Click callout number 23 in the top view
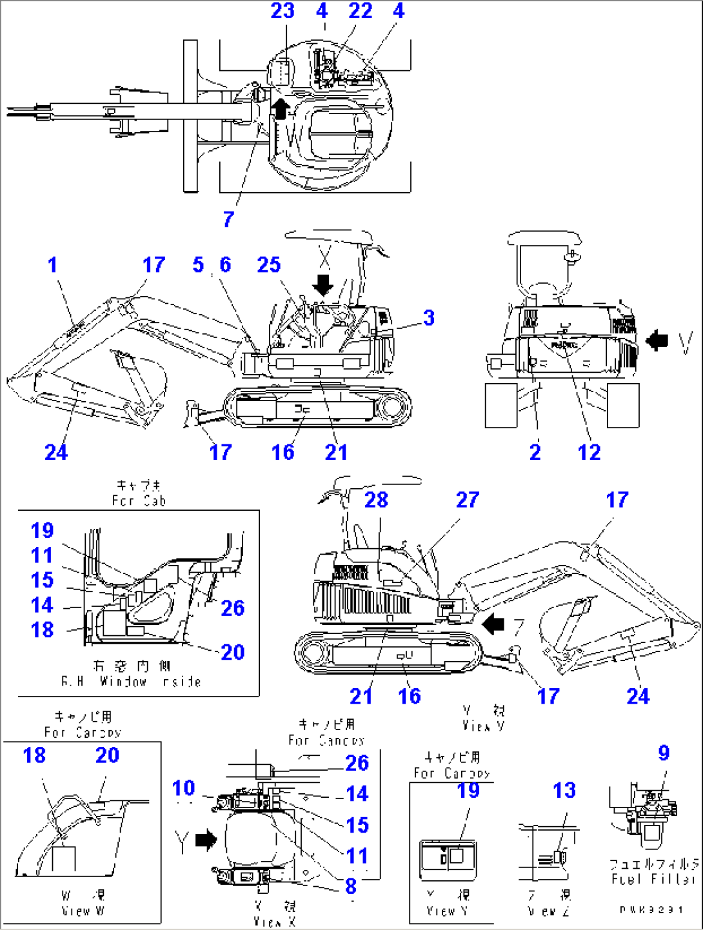282,11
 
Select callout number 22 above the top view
360,11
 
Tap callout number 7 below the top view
228,220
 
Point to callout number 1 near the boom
52,264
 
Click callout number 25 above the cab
269,264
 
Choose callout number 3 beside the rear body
429,318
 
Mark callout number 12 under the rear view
589,452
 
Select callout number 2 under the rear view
535,452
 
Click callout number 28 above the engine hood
376,500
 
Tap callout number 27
468,500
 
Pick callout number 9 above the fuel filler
664,753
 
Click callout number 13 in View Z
564,790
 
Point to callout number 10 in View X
183,787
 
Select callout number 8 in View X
351,886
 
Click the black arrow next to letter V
657,340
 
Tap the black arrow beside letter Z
493,624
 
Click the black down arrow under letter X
323,284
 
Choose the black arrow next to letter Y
206,840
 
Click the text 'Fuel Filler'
653,879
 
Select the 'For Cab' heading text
139,500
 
